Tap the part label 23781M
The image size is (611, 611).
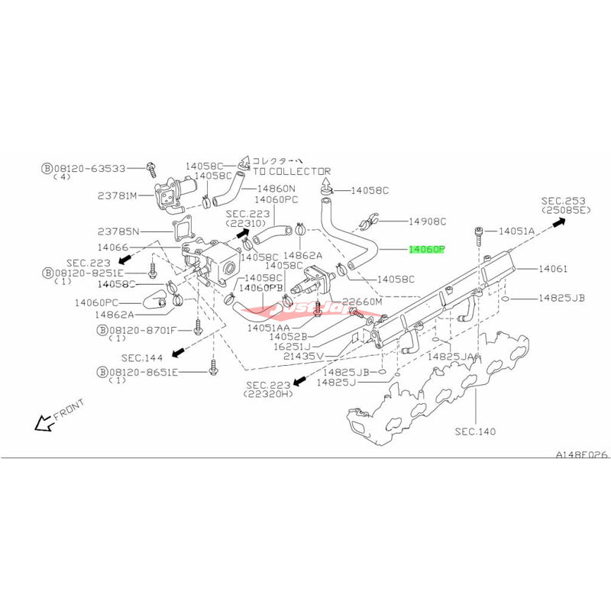point(118,195)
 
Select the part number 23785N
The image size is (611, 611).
point(118,230)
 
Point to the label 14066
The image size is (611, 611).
point(113,248)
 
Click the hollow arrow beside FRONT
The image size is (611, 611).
point(43,422)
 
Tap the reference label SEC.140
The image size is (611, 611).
point(475,432)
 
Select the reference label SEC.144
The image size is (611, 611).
point(141,356)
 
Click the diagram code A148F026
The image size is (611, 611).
point(581,454)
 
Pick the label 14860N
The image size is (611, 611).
point(276,187)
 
